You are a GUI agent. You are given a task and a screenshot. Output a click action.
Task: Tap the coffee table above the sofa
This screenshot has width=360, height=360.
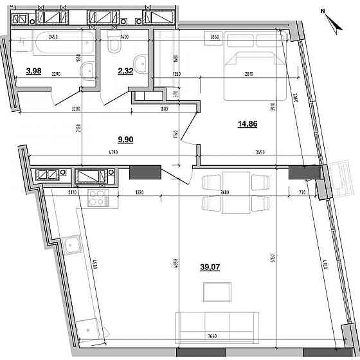(x=215, y=292)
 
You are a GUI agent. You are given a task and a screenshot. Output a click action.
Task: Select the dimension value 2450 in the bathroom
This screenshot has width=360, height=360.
(x=54, y=37)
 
